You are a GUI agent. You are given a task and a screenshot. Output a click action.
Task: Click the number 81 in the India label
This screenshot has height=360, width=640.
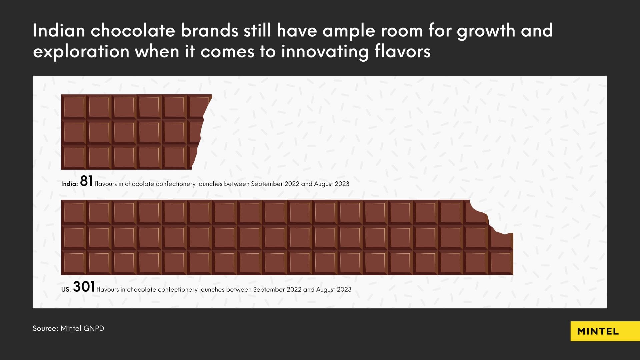coord(86,181)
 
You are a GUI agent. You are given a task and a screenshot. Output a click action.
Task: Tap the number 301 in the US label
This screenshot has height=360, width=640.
coord(84,287)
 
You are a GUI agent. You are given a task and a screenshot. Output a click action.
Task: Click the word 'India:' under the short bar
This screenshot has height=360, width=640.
coord(69,184)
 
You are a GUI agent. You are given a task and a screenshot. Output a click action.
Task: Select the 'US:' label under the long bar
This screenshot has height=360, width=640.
coord(66,290)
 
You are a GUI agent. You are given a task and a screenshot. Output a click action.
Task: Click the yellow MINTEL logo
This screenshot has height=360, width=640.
coord(598,331)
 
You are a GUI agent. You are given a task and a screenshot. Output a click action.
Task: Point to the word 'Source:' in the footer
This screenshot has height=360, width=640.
coord(45,328)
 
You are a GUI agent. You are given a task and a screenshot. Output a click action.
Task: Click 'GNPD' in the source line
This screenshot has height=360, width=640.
coord(94,328)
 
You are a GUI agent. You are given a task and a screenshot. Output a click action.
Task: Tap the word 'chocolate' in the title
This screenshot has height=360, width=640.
coord(133,31)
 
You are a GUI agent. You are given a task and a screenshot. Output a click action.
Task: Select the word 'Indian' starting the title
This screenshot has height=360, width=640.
coord(59,31)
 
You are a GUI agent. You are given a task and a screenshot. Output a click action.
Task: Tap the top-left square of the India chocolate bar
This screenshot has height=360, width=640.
coord(74,107)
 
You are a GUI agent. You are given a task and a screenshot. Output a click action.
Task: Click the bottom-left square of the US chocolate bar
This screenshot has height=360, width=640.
coord(74,263)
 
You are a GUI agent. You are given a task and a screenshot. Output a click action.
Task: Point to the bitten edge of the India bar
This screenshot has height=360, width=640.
coord(202,133)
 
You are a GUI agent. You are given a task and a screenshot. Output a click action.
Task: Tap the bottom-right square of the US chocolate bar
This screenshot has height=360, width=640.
coord(501,263)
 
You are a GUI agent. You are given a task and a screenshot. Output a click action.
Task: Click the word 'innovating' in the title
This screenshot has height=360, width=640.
coord(325,52)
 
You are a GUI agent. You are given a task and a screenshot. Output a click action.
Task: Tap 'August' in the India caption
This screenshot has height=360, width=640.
coord(323,184)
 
